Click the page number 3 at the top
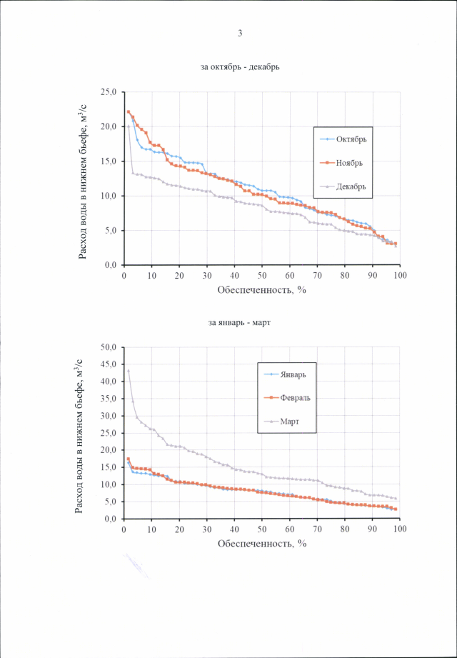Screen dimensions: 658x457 coord(240,34)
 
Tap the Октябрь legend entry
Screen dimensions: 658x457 coord(352,139)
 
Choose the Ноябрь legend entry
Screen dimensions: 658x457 coord(351,163)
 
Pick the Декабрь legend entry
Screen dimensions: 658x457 coord(352,186)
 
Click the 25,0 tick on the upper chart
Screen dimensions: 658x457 coord(109,92)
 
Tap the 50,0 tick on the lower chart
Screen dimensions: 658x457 coord(109,347)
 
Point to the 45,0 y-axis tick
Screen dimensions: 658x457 coord(109,364)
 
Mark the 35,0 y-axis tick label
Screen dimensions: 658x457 coord(109,399)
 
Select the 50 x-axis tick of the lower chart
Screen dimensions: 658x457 coord(262,529)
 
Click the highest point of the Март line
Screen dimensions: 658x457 coord(129,371)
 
